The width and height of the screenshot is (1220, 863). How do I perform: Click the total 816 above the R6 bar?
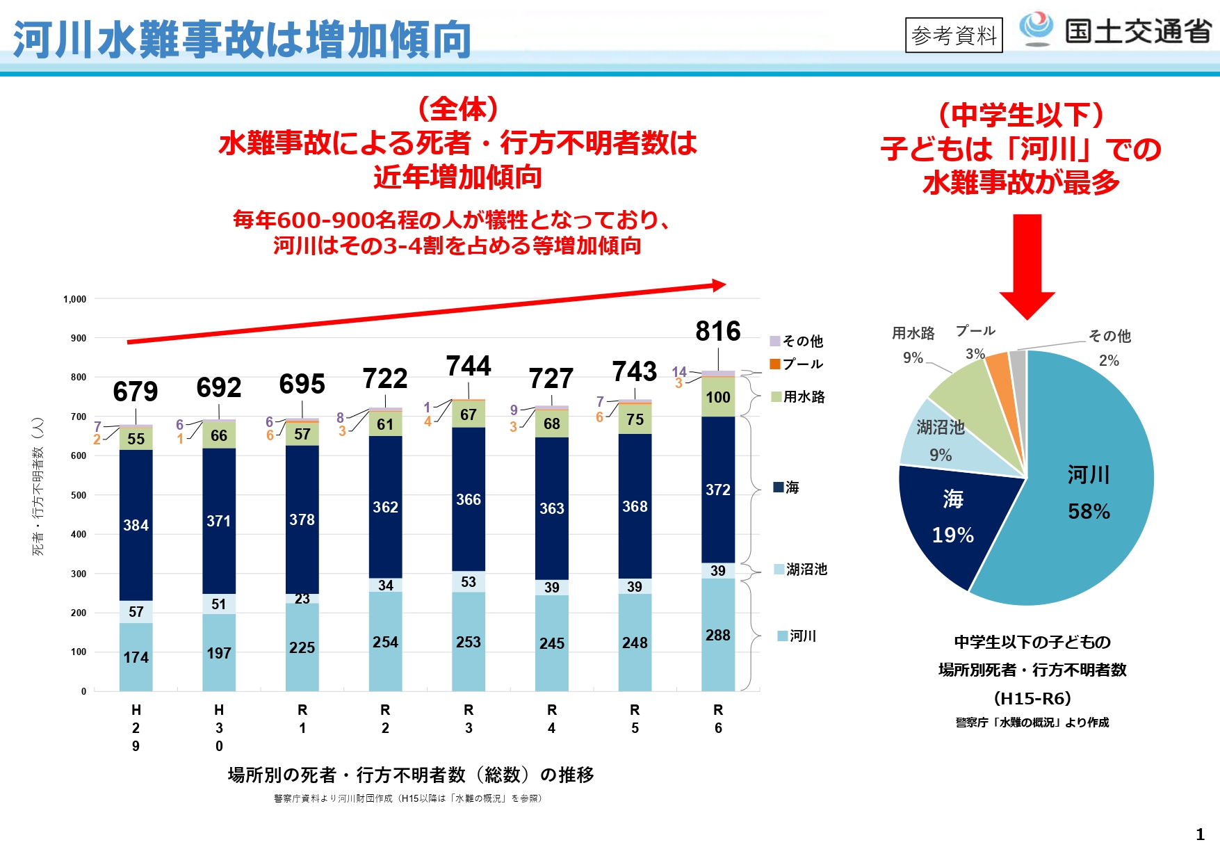click(717, 331)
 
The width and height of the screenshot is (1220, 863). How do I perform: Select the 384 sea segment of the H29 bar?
click(136, 525)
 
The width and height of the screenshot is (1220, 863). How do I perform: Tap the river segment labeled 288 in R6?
click(717, 635)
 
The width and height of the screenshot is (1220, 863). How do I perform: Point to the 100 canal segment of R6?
click(717, 397)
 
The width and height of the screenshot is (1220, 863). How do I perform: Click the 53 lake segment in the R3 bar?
click(468, 581)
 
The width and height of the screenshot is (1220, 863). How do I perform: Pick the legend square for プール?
click(775, 364)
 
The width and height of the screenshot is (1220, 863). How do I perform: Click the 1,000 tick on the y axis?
click(75, 299)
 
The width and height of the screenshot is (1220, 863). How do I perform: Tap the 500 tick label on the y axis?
click(79, 495)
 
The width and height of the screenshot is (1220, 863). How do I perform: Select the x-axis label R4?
click(551, 718)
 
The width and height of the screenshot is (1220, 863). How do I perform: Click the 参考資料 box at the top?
click(954, 35)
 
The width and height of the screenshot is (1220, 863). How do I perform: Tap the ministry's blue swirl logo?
click(1036, 28)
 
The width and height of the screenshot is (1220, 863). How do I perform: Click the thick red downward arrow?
click(1027, 264)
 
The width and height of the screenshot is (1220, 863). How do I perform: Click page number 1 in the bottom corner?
click(1200, 834)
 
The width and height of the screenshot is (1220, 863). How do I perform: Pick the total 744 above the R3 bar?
click(468, 366)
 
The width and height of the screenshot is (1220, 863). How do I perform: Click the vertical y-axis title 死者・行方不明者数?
click(38, 486)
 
